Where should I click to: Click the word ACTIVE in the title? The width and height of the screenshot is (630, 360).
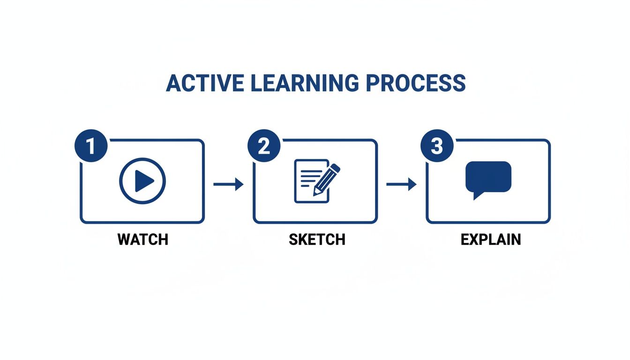coord(205,83)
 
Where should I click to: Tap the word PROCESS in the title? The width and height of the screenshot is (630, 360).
coord(416,83)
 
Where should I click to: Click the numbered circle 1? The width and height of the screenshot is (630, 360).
coord(91,145)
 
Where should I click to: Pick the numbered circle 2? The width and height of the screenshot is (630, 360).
coord(264,145)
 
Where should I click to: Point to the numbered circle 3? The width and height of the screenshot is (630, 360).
coord(437,145)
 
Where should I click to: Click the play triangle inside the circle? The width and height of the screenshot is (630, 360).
coord(144,181)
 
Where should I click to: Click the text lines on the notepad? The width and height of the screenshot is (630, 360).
coord(310,178)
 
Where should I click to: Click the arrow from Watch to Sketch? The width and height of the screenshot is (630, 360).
coord(228,184)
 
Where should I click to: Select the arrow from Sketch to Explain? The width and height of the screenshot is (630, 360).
coord(401,184)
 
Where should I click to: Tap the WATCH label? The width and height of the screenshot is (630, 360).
coord(142,240)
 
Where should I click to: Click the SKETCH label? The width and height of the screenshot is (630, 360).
coord(317,240)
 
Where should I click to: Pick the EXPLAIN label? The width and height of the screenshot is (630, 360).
coord(490,240)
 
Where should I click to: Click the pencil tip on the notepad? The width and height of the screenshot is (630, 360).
coord(315,194)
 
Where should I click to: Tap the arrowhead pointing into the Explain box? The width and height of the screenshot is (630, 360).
coord(412,184)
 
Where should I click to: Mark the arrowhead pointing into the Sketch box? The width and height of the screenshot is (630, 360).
coord(240,184)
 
